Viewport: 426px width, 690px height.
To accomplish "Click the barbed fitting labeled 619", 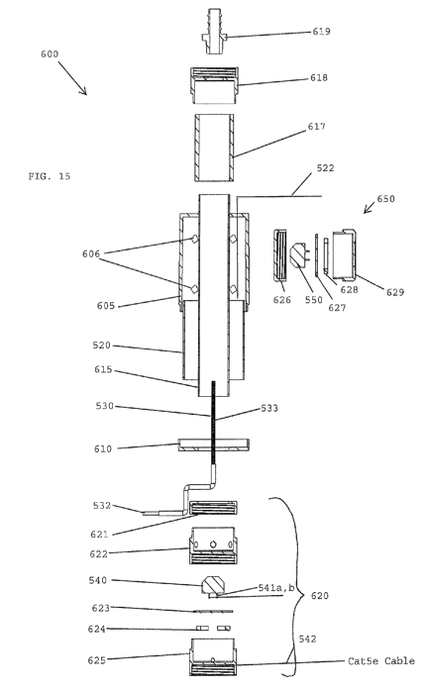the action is (x=214, y=31).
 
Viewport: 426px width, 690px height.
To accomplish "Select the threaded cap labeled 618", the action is (x=215, y=85).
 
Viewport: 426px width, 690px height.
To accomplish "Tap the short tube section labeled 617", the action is (x=215, y=148).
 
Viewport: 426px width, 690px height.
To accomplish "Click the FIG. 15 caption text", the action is (x=50, y=176).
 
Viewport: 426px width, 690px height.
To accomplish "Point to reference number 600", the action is (x=50, y=54).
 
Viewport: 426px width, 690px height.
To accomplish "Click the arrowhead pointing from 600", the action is (x=83, y=91).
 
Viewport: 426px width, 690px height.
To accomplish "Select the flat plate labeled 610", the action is (x=214, y=444).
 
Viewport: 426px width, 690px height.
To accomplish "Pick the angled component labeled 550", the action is (x=299, y=254).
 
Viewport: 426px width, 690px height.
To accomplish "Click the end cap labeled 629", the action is (x=344, y=254).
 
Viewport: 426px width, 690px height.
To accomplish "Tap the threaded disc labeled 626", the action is (x=280, y=254).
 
